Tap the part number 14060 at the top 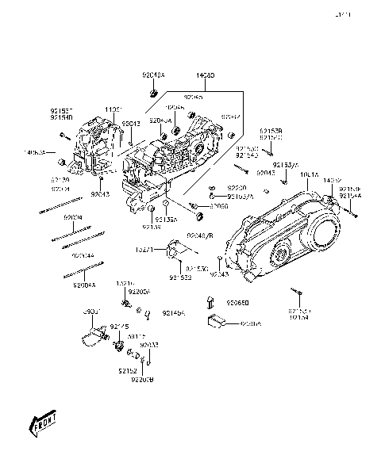pyautogui.click(x=205, y=76)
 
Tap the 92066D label pyautogui.click(x=237, y=303)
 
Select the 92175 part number pyautogui.click(x=120, y=327)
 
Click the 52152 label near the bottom pyautogui.click(x=129, y=370)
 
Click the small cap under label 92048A pyautogui.click(x=152, y=92)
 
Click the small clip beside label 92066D pyautogui.click(x=211, y=300)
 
